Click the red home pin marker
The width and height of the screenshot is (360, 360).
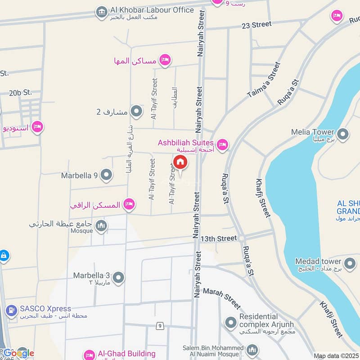pos(180,162)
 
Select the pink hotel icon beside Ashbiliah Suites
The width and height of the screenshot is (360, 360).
pos(222,145)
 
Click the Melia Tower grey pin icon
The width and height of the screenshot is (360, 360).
pos(343,134)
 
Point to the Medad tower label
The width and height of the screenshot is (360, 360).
pos(318,261)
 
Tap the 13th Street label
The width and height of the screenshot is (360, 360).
pos(219,238)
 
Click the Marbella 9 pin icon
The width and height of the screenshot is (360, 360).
pos(106,175)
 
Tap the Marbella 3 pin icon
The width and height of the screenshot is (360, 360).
pos(118,278)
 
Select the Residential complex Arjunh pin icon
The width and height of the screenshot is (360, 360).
pos(231,323)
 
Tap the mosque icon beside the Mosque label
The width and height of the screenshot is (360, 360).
pos(101,226)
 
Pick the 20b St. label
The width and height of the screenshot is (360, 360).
pos(20,93)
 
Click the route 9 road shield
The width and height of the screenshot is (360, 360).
pos(160,325)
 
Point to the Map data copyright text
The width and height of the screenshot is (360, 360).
pos(336,356)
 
